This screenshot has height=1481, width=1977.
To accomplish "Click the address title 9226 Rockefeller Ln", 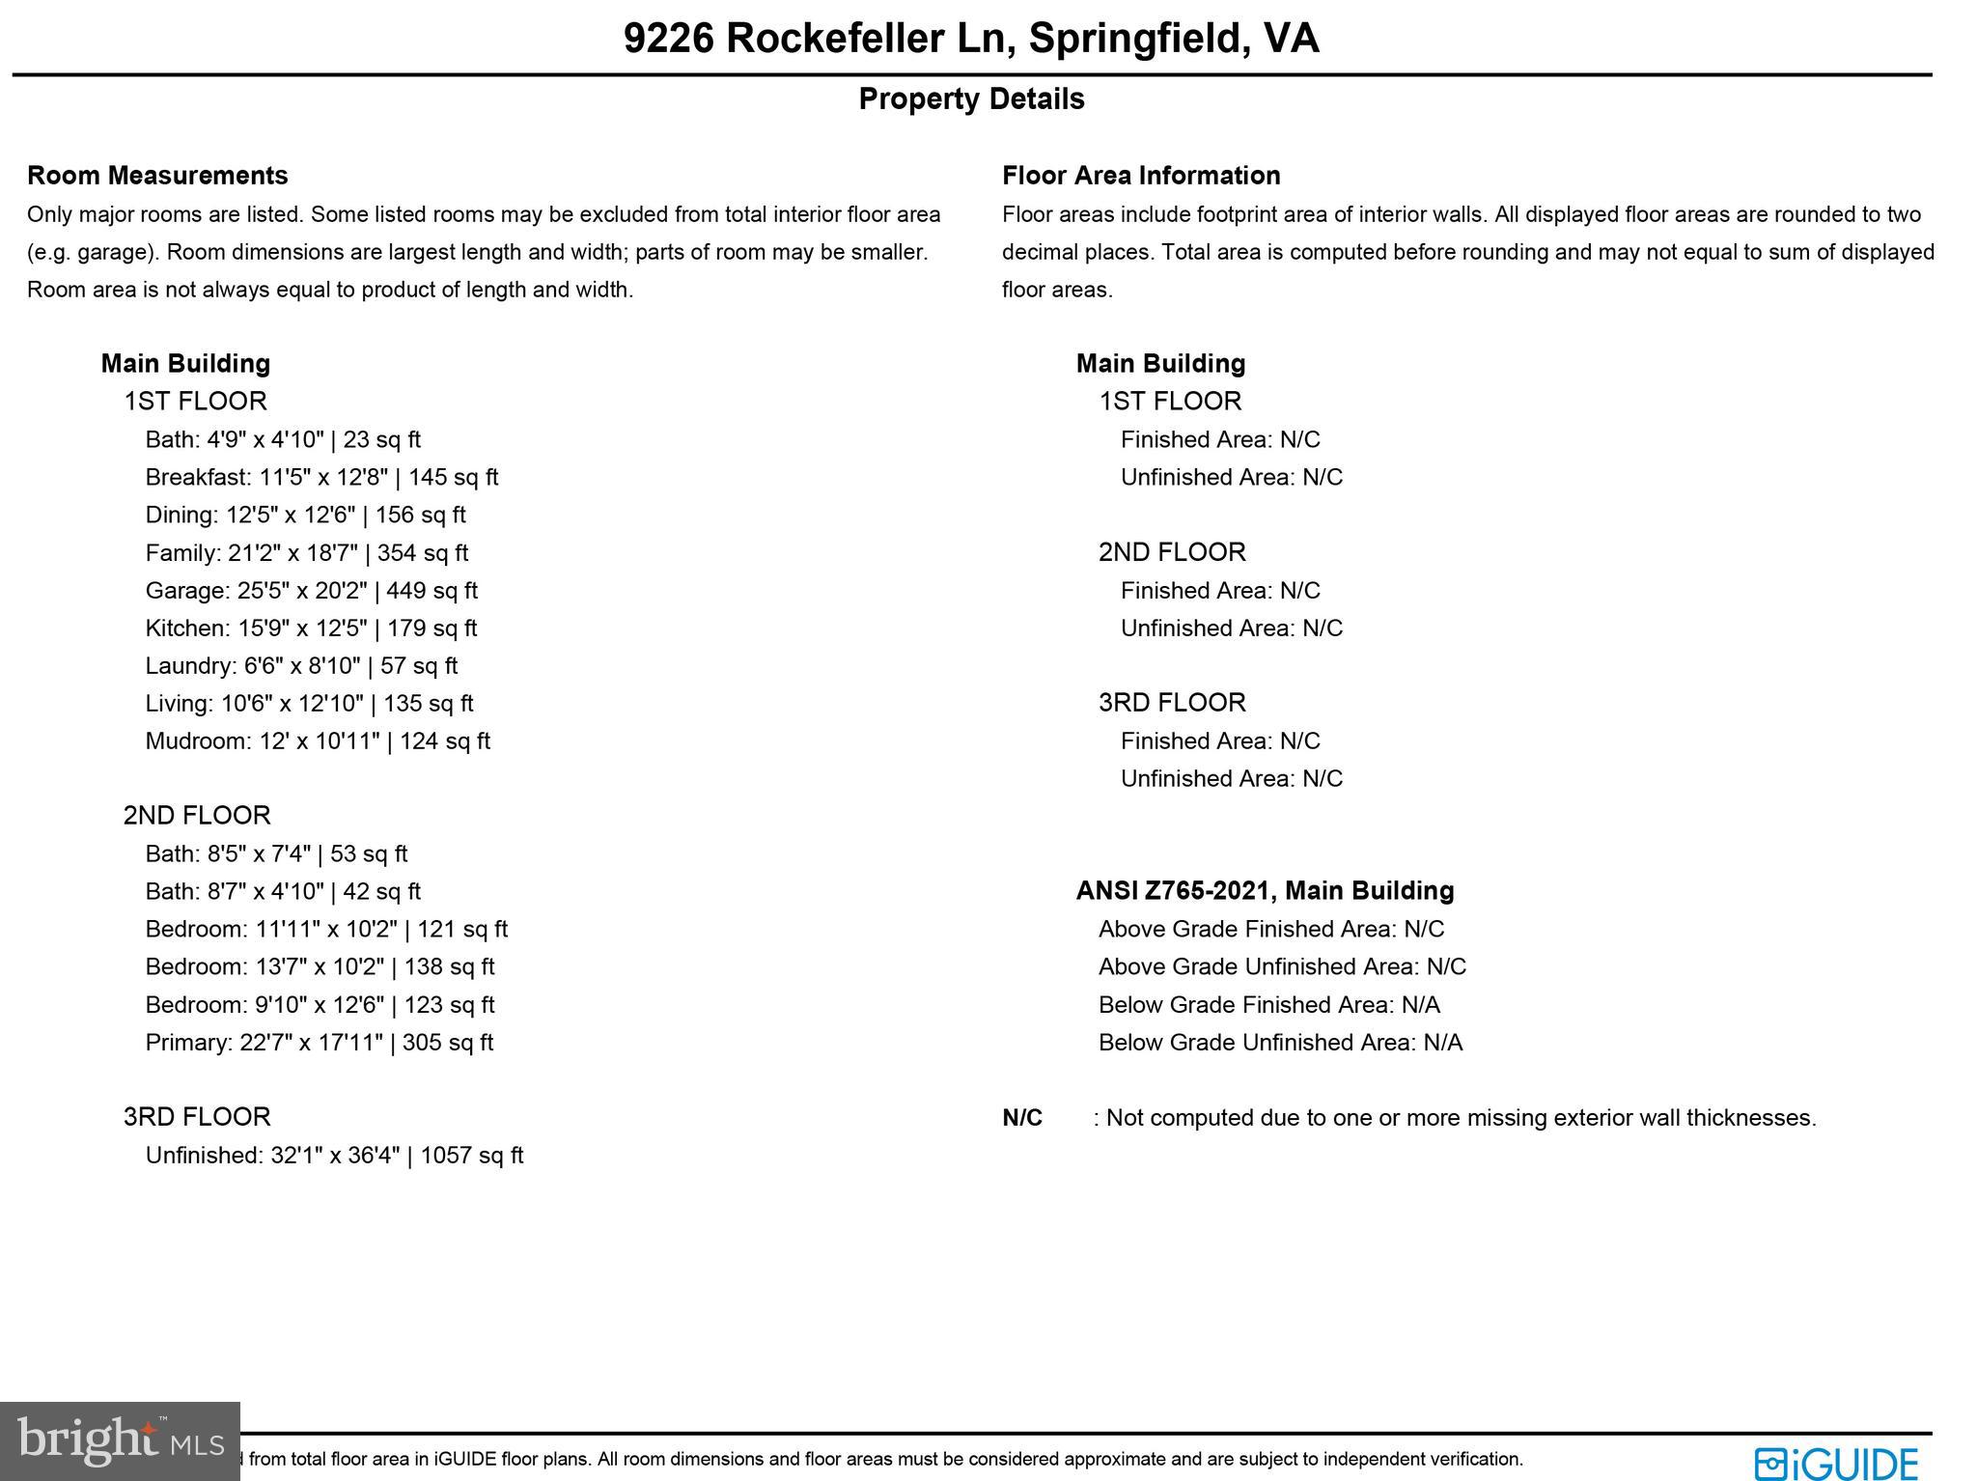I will point(970,39).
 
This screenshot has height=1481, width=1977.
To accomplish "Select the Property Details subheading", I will point(971,99).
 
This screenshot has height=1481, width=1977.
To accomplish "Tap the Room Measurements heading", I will point(157,176).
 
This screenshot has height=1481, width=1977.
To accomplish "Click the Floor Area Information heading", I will point(1141,176).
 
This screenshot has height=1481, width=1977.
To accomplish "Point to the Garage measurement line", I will point(311,591).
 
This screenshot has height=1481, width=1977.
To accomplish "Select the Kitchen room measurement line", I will point(311,629).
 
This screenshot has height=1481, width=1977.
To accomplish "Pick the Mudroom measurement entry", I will point(318,741).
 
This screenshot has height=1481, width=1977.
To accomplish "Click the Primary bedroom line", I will point(319,1043).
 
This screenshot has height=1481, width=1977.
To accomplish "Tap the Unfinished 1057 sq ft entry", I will point(334,1156).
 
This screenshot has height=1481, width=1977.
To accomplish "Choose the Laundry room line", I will point(301,666).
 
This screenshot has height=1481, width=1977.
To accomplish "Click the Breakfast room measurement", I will point(321,478).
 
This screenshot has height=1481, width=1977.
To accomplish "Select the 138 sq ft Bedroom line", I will point(320,967).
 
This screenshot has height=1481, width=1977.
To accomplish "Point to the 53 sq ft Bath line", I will point(276,854).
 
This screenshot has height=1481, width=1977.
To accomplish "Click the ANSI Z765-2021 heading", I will point(1265,891).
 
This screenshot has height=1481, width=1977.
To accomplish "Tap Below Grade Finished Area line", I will point(1268,1005).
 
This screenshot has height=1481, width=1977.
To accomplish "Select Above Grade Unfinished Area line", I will point(1282,967).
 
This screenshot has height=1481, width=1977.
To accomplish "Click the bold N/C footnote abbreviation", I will point(1022,1118).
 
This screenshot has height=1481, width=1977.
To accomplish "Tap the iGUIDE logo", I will point(1836,1463).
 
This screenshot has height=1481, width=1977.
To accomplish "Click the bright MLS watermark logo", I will point(120,1440).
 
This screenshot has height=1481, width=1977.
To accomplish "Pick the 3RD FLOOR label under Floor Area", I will point(1172,703).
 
